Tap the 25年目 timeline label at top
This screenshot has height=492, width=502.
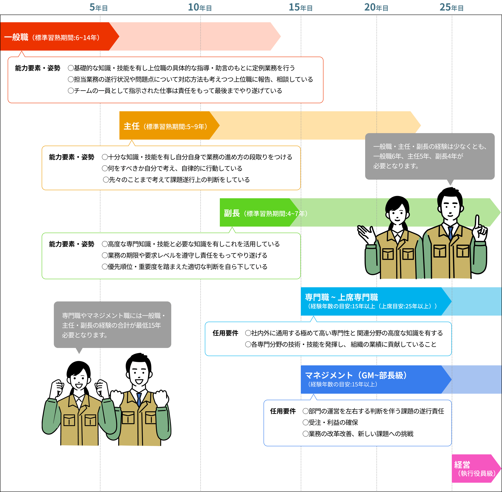pyautogui.click(x=452, y=7)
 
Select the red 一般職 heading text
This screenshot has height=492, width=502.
pyautogui.click(x=16, y=37)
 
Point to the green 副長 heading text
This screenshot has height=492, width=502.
pyautogui.click(x=232, y=213)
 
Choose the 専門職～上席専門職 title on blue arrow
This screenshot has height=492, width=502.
pyautogui.click(x=341, y=297)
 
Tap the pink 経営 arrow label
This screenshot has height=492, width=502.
pyautogui.click(x=462, y=465)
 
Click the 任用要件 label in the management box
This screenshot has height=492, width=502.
pyautogui.click(x=283, y=411)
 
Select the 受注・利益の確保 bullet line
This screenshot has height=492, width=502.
pyautogui.click(x=330, y=422)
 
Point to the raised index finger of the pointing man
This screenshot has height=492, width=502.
pyautogui.click(x=477, y=222)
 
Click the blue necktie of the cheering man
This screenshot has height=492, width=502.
pyautogui.click(x=139, y=399)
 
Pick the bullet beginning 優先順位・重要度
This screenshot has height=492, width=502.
pyautogui.click(x=185, y=267)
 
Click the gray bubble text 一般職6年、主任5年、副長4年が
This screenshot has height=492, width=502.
pyautogui.click(x=418, y=156)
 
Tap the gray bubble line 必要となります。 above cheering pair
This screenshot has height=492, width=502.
pyautogui.click(x=85, y=335)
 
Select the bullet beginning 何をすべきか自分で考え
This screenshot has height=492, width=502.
pyautogui.click(x=172, y=169)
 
